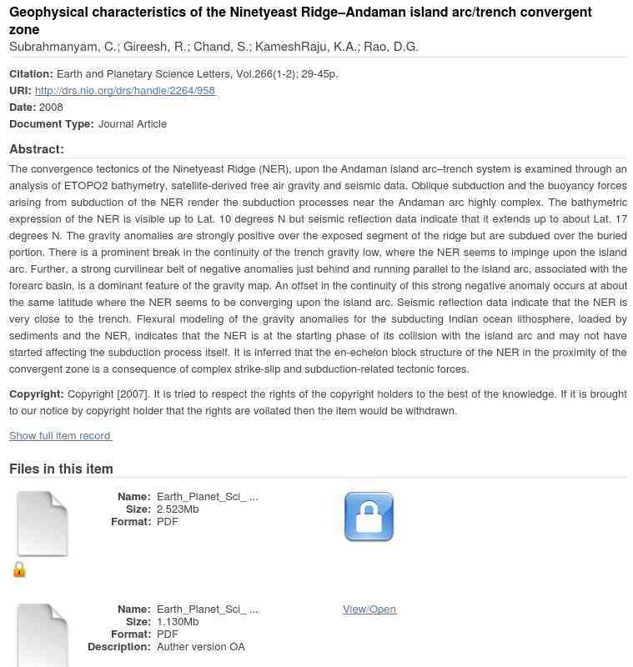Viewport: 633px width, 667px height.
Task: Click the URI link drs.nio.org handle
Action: [125, 91]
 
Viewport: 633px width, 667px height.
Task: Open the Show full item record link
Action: [60, 436]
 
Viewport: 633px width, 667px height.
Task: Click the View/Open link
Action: [369, 609]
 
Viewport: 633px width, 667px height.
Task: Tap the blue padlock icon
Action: [369, 517]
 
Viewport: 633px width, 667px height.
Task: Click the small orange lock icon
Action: [19, 569]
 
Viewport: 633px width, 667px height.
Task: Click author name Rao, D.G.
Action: [391, 47]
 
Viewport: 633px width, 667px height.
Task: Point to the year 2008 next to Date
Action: [51, 108]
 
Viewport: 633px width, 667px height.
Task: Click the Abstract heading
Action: [37, 149]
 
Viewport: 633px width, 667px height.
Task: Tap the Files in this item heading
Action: [61, 469]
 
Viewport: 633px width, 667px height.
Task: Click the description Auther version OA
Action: [201, 647]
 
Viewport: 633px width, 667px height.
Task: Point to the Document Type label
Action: [52, 124]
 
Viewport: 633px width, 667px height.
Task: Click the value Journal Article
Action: [133, 124]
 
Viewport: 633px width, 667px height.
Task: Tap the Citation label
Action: [31, 74]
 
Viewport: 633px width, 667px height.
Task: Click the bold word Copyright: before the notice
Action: [37, 394]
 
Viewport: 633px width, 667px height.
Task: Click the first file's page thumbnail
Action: [43, 524]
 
